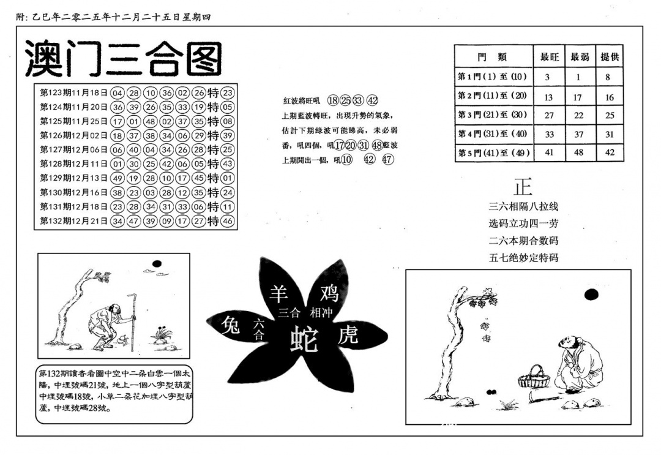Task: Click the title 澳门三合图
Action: pos(123,59)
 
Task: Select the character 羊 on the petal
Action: pos(279,293)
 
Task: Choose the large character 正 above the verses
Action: pos(523,186)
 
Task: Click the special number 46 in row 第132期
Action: pos(228,221)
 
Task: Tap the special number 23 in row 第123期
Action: pos(228,93)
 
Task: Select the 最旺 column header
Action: pos(548,57)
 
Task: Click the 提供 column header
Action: pos(609,57)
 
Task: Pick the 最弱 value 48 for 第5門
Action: pos(579,152)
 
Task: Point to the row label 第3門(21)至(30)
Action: pos(493,115)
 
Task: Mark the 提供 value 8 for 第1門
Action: pos(608,77)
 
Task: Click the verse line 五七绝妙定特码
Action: pos(523,258)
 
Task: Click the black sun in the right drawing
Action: pos(591,295)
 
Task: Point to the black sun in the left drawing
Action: pos(157,263)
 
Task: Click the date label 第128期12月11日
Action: pos(74,164)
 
